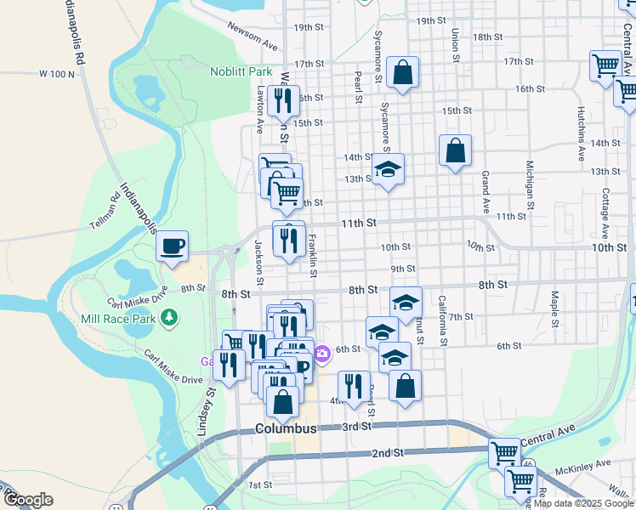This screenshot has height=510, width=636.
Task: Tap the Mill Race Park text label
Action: pyautogui.click(x=119, y=319)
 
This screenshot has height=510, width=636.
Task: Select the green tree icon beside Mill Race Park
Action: pyautogui.click(x=171, y=317)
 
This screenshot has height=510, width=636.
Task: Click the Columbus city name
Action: pyautogui.click(x=286, y=428)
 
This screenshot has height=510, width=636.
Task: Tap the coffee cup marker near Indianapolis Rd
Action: pyautogui.click(x=173, y=246)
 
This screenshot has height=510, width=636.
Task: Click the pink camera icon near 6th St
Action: pyautogui.click(x=322, y=354)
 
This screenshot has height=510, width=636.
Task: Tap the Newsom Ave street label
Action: pyautogui.click(x=253, y=35)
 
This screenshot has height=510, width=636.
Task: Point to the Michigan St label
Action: pyautogui.click(x=530, y=185)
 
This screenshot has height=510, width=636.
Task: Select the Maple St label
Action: pyautogui.click(x=554, y=309)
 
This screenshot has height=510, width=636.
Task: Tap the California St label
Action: pyautogui.click(x=442, y=320)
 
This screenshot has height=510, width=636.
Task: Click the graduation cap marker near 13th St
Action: pyautogui.click(x=388, y=170)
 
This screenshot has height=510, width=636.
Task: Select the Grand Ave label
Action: pyautogui.click(x=486, y=192)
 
